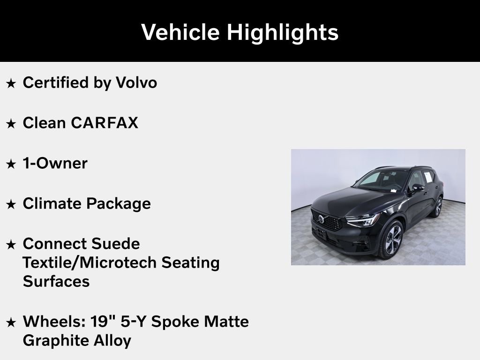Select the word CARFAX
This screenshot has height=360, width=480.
105,123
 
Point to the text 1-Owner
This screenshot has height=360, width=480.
55,164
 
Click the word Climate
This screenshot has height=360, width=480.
52,204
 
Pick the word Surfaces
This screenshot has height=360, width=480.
56,281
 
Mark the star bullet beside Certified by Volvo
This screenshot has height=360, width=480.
11,84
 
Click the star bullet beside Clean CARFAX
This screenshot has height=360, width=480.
11,124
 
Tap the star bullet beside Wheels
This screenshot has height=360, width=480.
11,322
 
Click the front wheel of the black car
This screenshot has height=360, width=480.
392,240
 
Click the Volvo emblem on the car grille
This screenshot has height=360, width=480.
321,219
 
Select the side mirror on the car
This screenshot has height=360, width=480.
417,188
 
